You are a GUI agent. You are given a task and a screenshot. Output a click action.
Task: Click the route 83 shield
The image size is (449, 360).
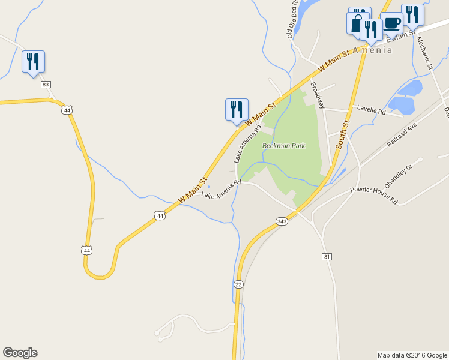[46, 85]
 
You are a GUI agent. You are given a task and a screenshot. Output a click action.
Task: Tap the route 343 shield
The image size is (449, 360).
[282, 221]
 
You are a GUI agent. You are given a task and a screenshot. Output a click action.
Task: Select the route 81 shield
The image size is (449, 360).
[327, 257]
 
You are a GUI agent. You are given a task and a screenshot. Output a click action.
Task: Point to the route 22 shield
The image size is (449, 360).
[239, 284]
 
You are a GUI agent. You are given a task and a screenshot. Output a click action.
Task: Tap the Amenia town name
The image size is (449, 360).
[372, 50]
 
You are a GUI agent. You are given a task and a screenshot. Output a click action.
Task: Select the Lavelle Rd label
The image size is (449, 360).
[371, 109]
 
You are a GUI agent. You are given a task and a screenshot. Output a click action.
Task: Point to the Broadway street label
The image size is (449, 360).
[318, 95]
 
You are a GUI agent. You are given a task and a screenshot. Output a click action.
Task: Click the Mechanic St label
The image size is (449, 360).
[424, 54]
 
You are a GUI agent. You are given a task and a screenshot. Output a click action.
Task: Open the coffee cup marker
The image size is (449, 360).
[391, 23]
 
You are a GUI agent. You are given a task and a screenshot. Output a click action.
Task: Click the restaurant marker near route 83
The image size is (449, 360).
[33, 62]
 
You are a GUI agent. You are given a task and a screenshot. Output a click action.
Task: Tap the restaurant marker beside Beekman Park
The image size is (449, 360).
[237, 110]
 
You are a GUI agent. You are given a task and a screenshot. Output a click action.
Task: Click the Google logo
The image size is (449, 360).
[20, 353]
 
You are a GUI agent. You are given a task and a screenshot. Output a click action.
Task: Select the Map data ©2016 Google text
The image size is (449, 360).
[412, 355]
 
